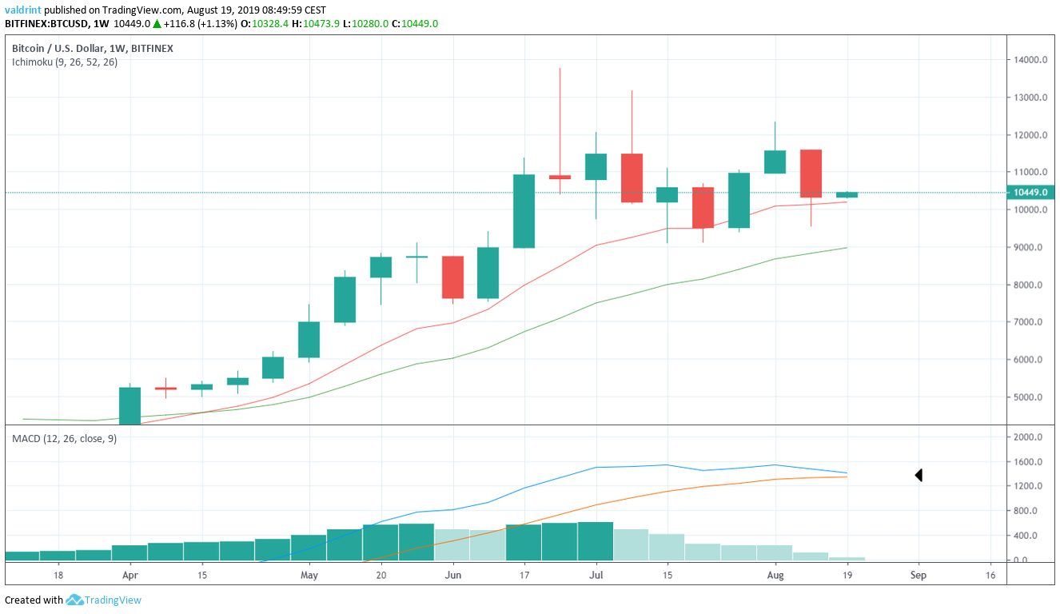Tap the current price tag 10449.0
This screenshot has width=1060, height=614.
(x=1032, y=193)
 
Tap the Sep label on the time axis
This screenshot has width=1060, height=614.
(x=918, y=575)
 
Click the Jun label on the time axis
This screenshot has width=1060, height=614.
(x=452, y=575)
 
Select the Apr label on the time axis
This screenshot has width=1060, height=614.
(x=130, y=575)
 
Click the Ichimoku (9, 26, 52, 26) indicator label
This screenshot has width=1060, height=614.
(x=64, y=62)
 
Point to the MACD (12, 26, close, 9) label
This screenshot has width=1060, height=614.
(x=64, y=438)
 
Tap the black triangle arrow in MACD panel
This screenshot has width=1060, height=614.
(x=919, y=476)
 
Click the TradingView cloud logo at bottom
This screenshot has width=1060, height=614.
(x=75, y=600)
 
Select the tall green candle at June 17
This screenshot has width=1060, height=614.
(x=524, y=211)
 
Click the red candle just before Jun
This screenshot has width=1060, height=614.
(x=452, y=277)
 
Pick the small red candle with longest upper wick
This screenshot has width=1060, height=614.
(x=560, y=177)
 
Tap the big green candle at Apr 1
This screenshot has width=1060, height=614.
(x=130, y=405)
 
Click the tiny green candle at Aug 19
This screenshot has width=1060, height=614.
(x=847, y=194)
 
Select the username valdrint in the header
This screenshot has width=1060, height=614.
(x=23, y=10)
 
